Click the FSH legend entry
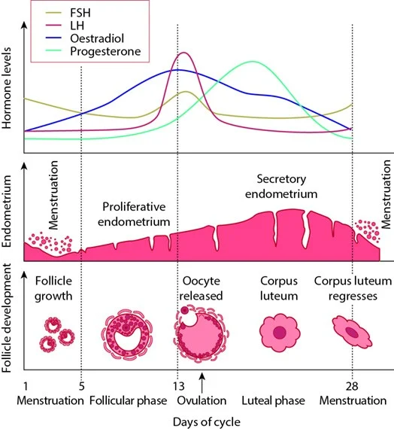[68, 13]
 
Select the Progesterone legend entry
[93, 51]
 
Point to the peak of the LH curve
[183, 53]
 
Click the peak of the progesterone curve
[253, 62]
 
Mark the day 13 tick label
[178, 386]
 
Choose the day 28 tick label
[352, 386]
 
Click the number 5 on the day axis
[81, 386]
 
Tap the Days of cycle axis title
[207, 421]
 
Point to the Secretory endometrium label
[281, 187]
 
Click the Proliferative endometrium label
[134, 214]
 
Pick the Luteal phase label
[273, 400]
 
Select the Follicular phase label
[129, 400]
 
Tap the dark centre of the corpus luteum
[280, 333]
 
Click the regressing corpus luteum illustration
[352, 332]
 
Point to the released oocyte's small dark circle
[185, 310]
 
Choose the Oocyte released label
[202, 288]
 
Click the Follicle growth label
[53, 288]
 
